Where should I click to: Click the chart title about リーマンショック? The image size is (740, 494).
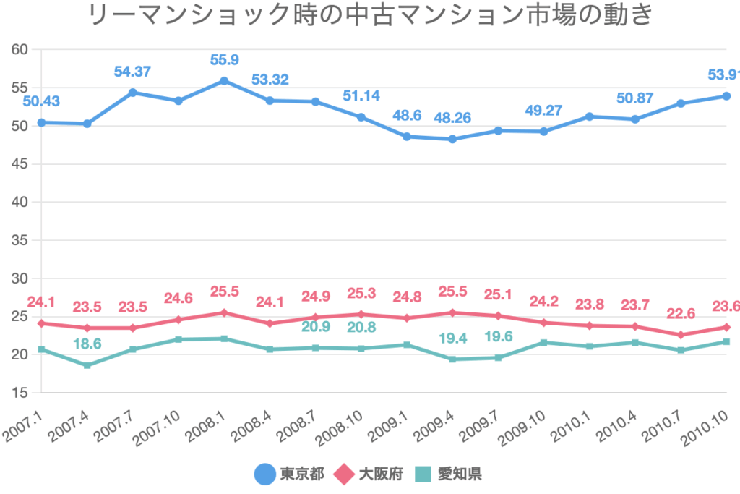pyautogui.click(x=370, y=16)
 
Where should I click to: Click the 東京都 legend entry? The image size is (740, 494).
pyautogui.click(x=285, y=474)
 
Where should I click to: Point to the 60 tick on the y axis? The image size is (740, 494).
pyautogui.click(x=19, y=49)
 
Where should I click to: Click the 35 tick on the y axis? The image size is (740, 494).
pyautogui.click(x=19, y=240)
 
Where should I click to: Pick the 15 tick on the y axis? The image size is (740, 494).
pyautogui.click(x=19, y=393)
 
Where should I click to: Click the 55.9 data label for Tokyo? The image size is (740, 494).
pyautogui.click(x=224, y=59)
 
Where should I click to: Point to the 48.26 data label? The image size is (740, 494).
pyautogui.click(x=452, y=118)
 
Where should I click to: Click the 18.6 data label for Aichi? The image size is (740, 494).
pyautogui.click(x=87, y=344)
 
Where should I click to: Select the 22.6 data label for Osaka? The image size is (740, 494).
pyautogui.click(x=681, y=313)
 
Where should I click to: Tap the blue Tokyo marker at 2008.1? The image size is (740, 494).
pyautogui.click(x=224, y=81)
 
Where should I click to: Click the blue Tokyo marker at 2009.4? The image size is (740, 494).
pyautogui.click(x=452, y=139)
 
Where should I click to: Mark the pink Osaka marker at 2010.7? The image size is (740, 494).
pyautogui.click(x=681, y=335)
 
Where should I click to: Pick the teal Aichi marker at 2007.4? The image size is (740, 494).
pyautogui.click(x=87, y=365)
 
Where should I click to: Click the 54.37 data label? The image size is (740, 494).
pyautogui.click(x=133, y=72)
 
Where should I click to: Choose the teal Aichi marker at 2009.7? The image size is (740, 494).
pyautogui.click(x=498, y=357)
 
